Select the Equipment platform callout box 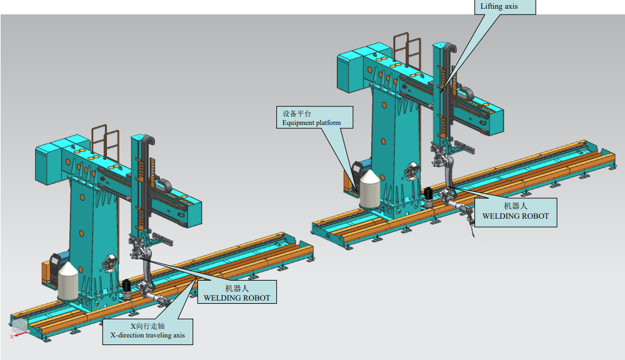pyautogui.click(x=314, y=117)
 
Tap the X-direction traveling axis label pyautogui.click(x=147, y=331)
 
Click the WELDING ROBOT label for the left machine pyautogui.click(x=237, y=292)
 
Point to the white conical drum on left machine pyautogui.click(x=68, y=281)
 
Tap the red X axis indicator pyautogui.click(x=16, y=335)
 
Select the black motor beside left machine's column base pyautogui.click(x=127, y=289)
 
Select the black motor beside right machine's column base pyautogui.click(x=429, y=196)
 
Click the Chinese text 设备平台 pyautogui.click(x=296, y=114)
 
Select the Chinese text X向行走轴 pyautogui.click(x=147, y=326)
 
